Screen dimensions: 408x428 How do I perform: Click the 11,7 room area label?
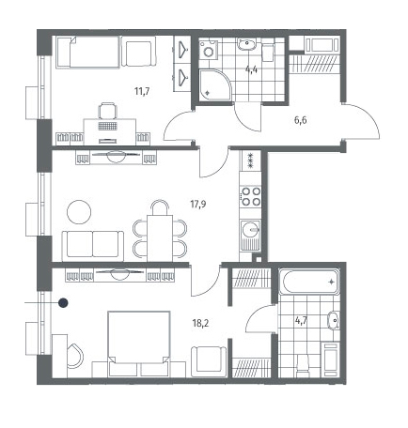(142, 91)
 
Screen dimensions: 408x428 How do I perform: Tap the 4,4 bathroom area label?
(251, 69)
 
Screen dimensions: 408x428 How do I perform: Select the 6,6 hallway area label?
(300, 120)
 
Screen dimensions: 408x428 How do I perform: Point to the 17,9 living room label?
(198, 205)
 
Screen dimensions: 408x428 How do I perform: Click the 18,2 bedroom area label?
(200, 323)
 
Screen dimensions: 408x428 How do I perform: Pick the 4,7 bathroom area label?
(301, 320)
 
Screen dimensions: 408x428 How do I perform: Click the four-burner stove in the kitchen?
(251, 196)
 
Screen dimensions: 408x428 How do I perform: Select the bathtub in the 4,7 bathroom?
(309, 282)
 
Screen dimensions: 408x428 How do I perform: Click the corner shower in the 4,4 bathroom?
(214, 84)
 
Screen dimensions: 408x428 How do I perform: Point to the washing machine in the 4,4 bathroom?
(209, 49)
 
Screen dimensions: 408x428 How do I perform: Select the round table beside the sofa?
(79, 212)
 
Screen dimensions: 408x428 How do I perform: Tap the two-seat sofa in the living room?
(93, 246)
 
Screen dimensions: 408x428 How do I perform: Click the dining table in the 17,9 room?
(160, 237)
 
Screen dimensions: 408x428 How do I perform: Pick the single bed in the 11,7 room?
(88, 52)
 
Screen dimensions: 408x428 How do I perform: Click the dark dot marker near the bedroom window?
(63, 302)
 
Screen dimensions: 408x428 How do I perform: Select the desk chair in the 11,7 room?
(107, 111)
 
